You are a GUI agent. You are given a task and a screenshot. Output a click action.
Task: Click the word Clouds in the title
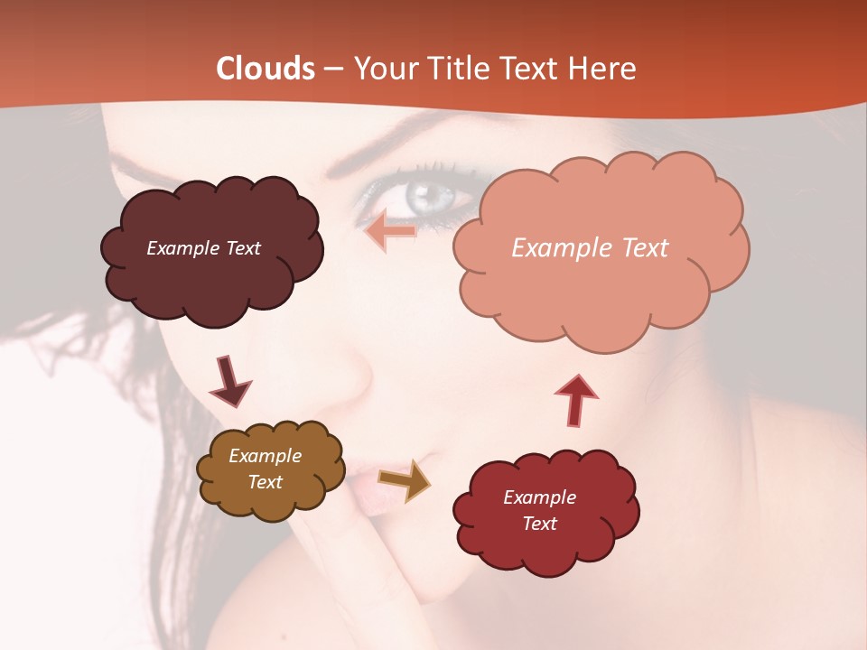266,69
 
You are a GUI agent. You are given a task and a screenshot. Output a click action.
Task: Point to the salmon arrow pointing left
390,232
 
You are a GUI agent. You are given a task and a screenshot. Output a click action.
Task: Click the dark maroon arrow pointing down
229,381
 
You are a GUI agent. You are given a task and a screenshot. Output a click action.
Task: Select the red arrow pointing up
575,398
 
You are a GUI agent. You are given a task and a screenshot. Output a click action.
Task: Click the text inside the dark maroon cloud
203,248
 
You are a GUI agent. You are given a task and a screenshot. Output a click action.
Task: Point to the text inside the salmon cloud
590,248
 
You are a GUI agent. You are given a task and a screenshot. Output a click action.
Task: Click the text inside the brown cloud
266,469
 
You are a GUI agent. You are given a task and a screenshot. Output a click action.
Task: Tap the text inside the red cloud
539,510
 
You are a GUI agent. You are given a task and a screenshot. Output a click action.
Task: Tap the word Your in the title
382,69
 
